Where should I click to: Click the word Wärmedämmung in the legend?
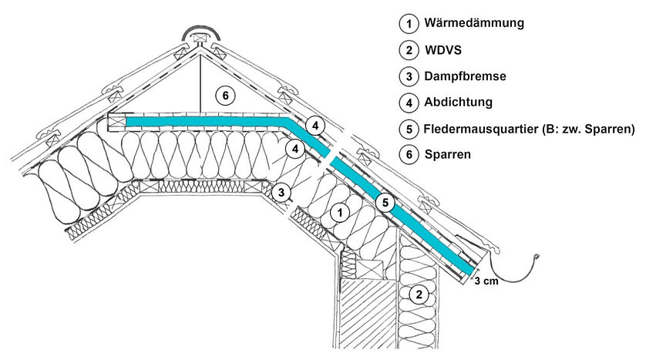click(473, 23)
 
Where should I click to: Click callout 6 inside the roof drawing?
click(224, 96)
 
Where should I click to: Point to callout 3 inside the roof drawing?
click(282, 192)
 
